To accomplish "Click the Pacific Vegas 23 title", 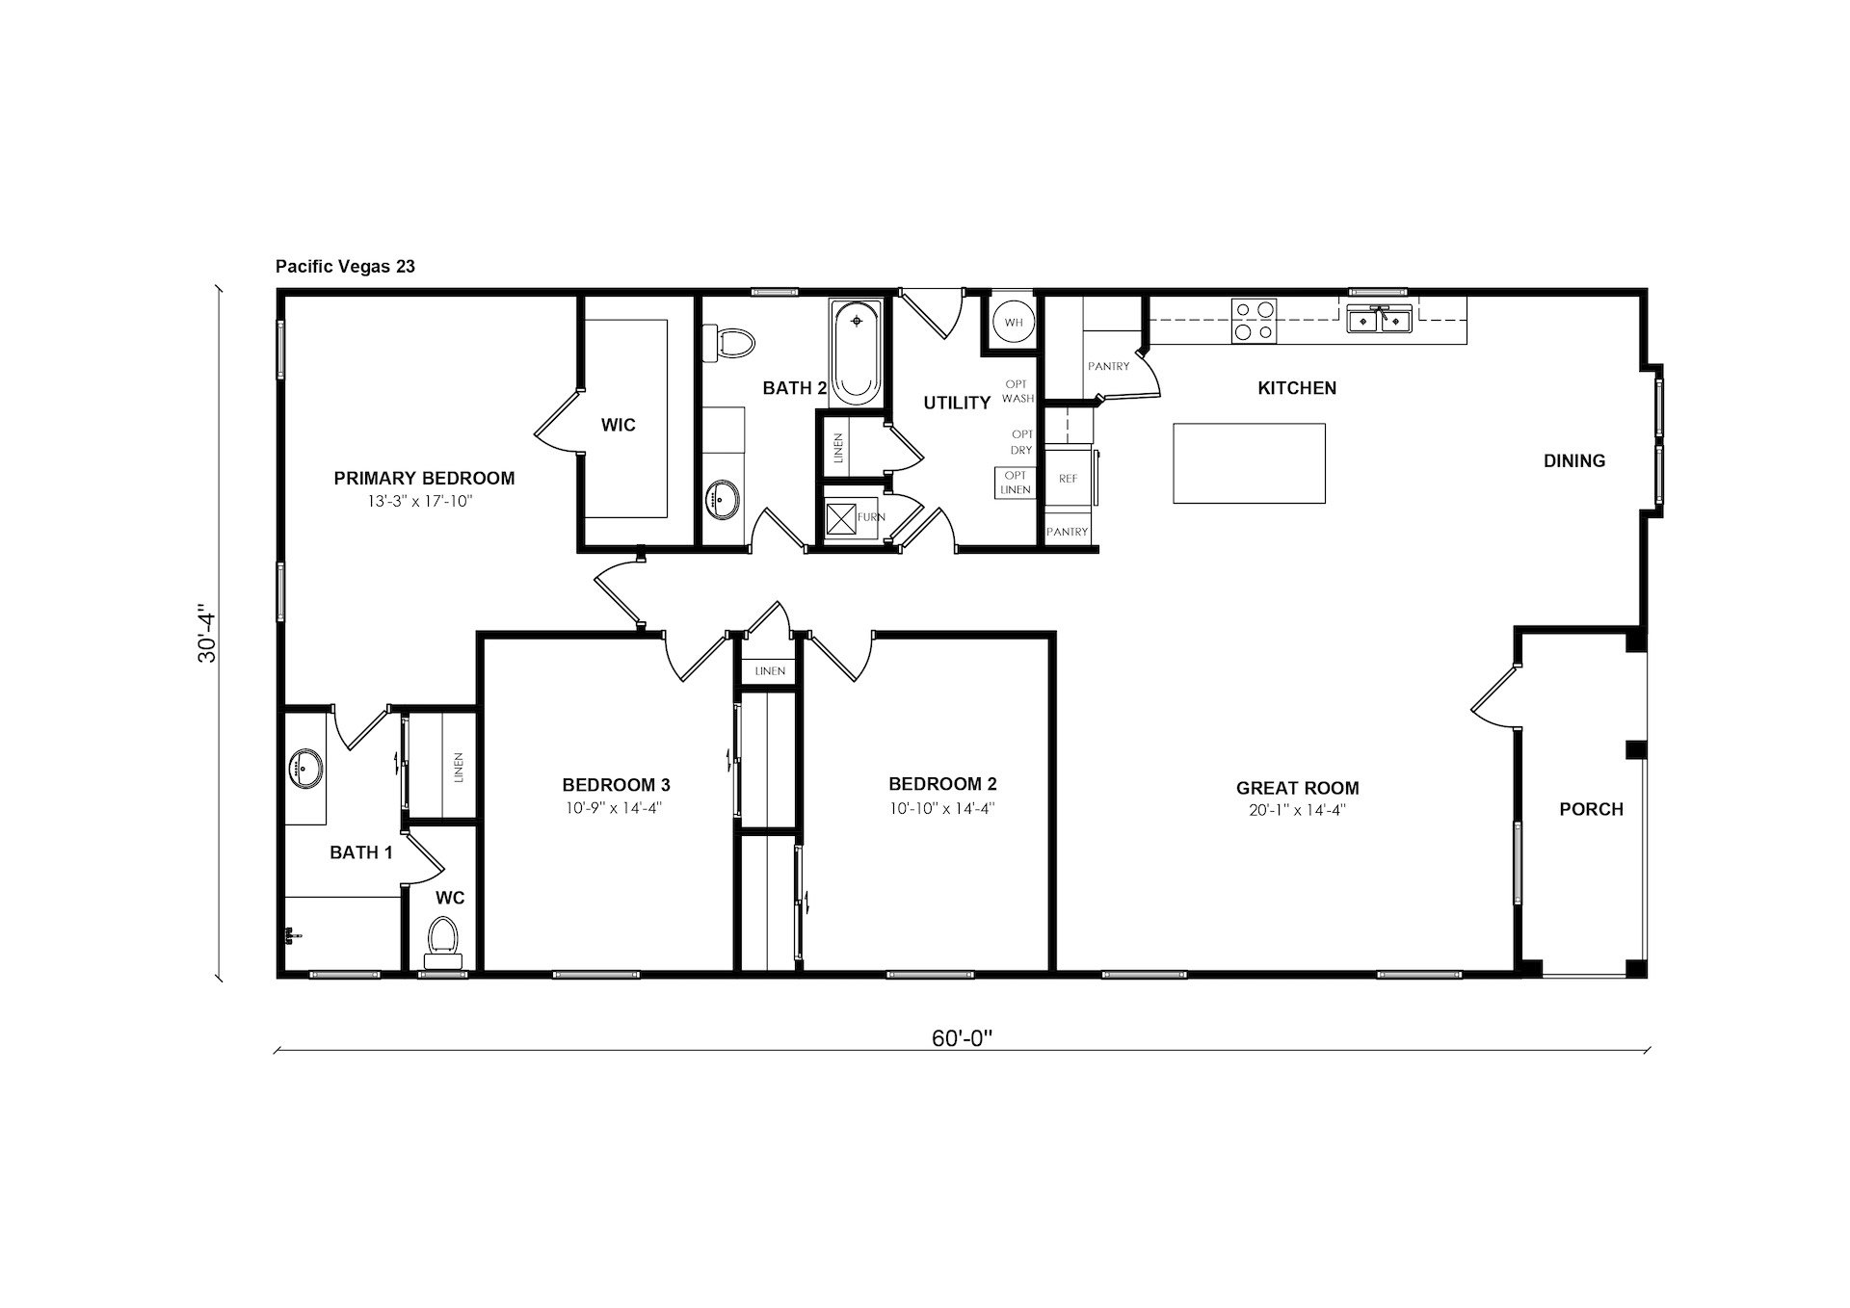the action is [x=345, y=266].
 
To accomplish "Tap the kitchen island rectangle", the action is [x=1249, y=463].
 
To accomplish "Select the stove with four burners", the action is [x=1254, y=321].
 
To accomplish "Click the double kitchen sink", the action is [x=1380, y=319].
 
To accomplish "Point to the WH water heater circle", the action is [x=1014, y=323].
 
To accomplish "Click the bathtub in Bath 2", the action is [x=856, y=353].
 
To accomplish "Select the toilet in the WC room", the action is [x=443, y=942].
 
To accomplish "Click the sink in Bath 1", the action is [x=305, y=769].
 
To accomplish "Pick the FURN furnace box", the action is [x=841, y=518].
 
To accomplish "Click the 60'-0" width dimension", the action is [x=962, y=1038].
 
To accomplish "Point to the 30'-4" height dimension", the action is [x=207, y=633].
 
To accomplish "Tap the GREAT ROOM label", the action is [x=1298, y=788].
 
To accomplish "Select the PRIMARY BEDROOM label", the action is [x=424, y=479].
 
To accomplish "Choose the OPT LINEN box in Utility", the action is [x=1016, y=483].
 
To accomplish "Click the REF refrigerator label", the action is [x=1068, y=479].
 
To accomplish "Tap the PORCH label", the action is [x=1592, y=810].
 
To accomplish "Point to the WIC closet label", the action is [x=619, y=425].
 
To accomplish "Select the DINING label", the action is [x=1574, y=461].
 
